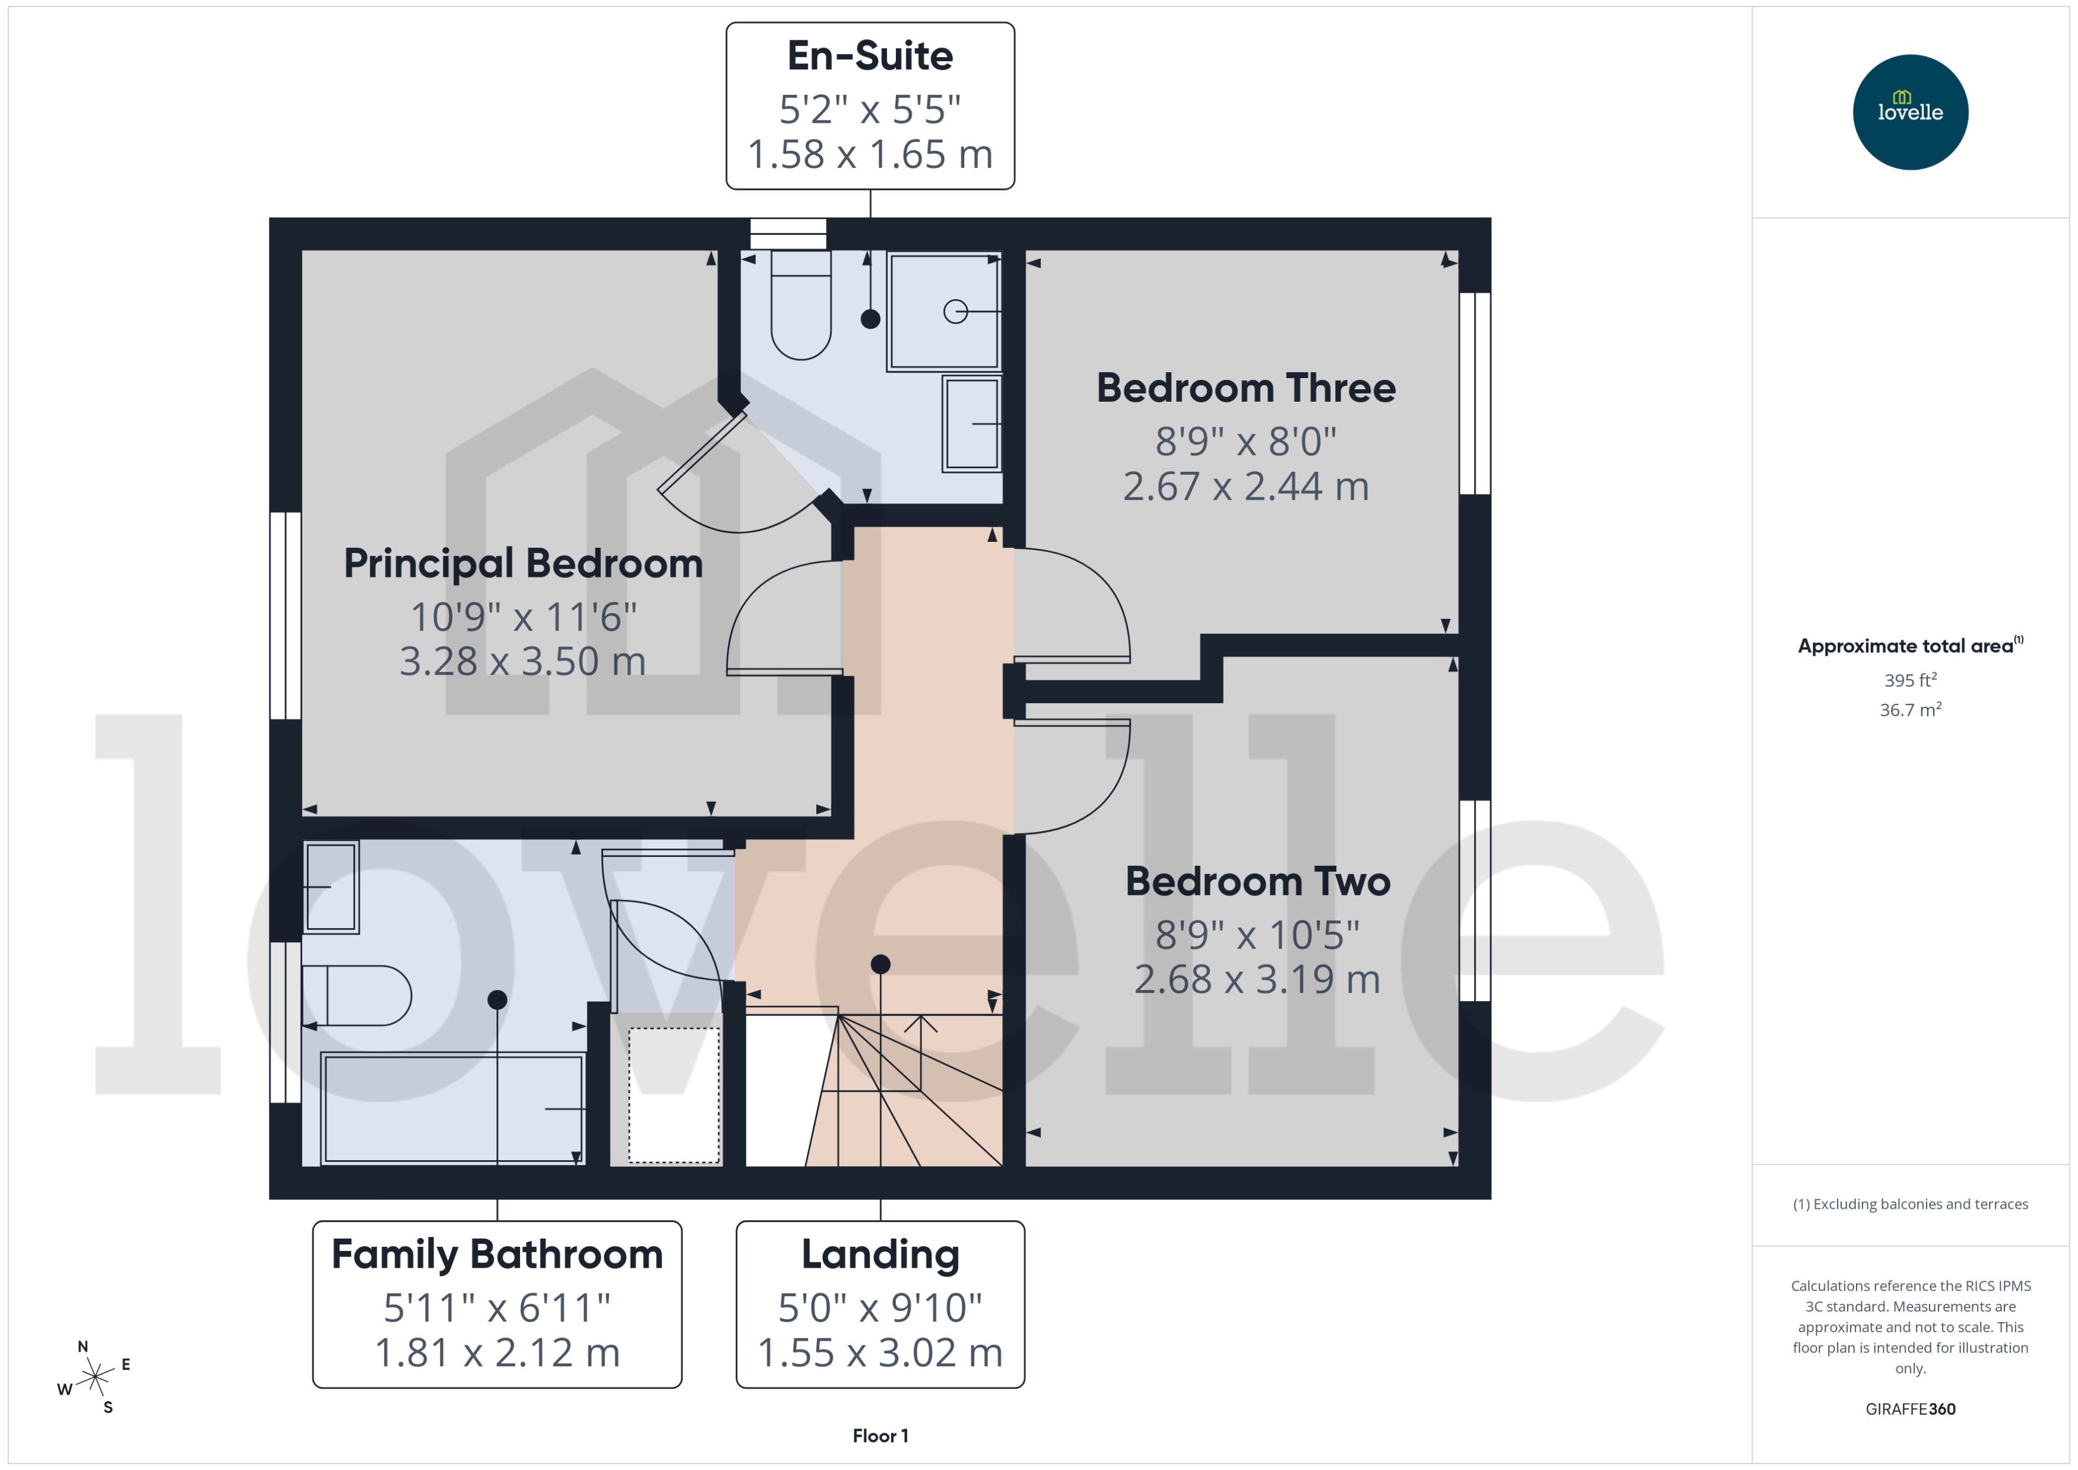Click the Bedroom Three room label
click(1245, 388)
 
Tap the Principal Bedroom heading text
click(523, 564)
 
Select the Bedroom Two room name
click(1257, 882)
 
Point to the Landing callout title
click(880, 1255)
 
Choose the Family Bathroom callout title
click(497, 1255)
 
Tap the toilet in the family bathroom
click(357, 996)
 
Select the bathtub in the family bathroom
click(453, 1108)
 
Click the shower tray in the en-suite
click(943, 312)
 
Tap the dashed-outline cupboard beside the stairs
click(674, 1096)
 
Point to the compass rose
click(94, 1377)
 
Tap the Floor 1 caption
click(880, 1436)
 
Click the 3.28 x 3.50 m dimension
click(522, 662)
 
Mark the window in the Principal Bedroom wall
click(286, 615)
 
